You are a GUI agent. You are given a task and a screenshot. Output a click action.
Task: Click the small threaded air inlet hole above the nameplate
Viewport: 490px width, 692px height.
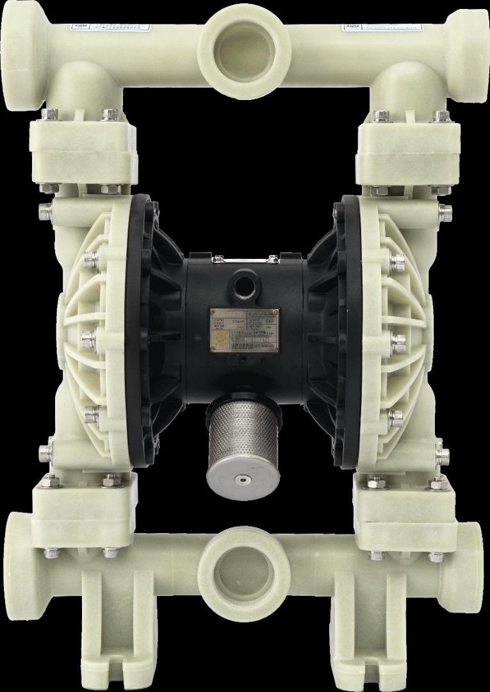click(x=244, y=281)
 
